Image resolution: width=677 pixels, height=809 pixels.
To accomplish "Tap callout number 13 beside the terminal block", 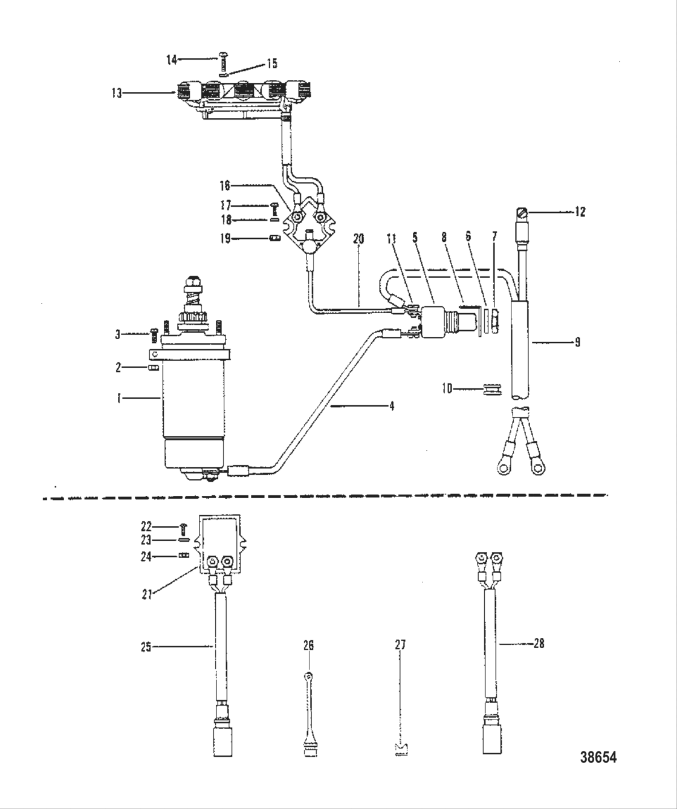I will click(x=116, y=93).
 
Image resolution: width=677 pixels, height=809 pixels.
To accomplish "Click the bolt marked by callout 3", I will click(x=153, y=333).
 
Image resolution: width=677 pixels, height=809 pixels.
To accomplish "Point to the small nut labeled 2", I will click(x=154, y=368).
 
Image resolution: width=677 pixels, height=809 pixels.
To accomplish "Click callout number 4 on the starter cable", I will click(x=391, y=406).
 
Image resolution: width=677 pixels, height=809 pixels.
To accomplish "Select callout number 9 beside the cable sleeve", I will click(x=577, y=342).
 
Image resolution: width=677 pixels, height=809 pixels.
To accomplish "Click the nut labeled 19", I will click(x=274, y=238).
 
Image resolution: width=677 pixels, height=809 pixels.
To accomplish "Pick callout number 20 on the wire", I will click(x=358, y=239).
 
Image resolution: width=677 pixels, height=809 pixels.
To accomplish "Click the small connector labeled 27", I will click(x=400, y=749).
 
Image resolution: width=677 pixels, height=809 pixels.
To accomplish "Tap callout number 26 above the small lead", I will click(x=308, y=646).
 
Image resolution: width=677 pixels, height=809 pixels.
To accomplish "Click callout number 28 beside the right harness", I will click(x=538, y=644).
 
